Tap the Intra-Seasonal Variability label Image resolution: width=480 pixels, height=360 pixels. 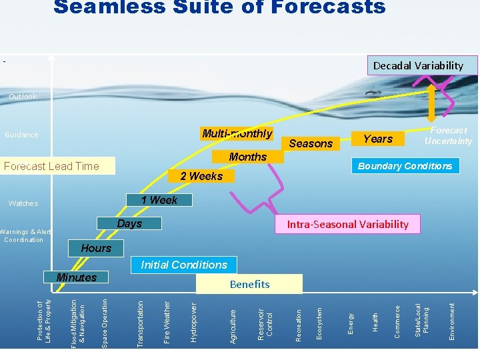click(348, 224)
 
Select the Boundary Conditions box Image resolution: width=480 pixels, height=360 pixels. click(405, 166)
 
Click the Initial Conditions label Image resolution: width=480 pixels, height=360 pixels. click(184, 265)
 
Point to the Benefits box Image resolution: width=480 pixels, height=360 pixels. click(249, 284)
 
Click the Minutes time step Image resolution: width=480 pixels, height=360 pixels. click(77, 277)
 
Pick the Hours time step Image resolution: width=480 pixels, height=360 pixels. click(96, 248)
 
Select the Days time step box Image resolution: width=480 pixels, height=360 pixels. click(129, 223)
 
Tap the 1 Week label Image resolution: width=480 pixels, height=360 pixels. click(159, 200)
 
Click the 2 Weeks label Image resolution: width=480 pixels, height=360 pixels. click(201, 176)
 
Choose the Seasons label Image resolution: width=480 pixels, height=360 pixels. click(311, 143)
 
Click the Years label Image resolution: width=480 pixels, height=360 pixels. click(378, 139)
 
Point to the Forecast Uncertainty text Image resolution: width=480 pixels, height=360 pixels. click(449, 135)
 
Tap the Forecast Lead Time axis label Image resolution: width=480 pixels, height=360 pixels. click(51, 166)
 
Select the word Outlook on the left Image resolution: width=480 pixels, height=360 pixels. click(23, 97)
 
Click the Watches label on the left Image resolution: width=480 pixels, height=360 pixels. click(23, 203)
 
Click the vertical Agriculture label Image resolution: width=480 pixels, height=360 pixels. click(233, 326)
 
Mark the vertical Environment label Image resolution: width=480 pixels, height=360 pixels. click(452, 321)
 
